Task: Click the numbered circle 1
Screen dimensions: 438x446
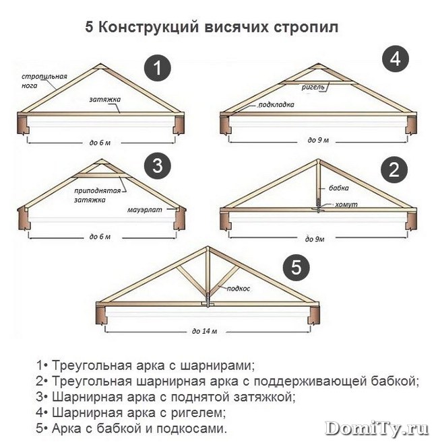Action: point(157,68)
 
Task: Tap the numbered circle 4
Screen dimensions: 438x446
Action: point(396,59)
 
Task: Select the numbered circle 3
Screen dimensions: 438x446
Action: point(158,165)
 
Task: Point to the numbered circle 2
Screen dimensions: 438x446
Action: point(394,170)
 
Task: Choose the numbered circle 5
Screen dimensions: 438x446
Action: point(296,268)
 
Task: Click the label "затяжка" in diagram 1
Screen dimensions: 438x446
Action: point(105,100)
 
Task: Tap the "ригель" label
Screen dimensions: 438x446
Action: point(313,87)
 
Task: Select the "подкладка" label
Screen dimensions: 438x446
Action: point(276,105)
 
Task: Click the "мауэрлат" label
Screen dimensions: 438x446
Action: point(144,210)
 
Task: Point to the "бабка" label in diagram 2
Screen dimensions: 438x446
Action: point(339,188)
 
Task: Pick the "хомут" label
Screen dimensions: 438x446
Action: point(346,205)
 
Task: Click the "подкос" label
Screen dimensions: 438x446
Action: point(239,289)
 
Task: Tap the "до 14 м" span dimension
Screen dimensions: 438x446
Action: point(205,331)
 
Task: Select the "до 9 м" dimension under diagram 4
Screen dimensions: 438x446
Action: point(318,140)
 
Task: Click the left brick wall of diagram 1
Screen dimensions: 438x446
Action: point(24,124)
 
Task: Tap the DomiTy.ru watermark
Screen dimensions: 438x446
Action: point(377,429)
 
